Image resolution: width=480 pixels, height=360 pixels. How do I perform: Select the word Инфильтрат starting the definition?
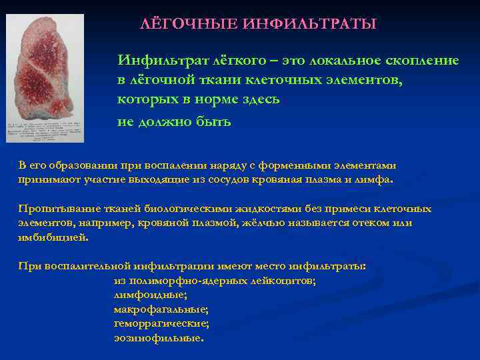pos(156,61)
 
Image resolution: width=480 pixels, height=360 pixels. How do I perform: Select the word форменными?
pos(309,167)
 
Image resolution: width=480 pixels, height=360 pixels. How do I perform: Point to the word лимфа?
pos(377,180)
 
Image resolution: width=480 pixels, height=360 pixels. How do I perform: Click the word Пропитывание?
pos(54,209)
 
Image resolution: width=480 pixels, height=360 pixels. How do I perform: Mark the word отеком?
pos(361,223)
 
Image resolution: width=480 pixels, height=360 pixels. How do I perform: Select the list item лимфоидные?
pos(151,294)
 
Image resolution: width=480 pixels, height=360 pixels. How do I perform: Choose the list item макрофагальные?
pos(161,309)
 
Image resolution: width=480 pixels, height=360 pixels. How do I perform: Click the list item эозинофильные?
pos(159,338)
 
